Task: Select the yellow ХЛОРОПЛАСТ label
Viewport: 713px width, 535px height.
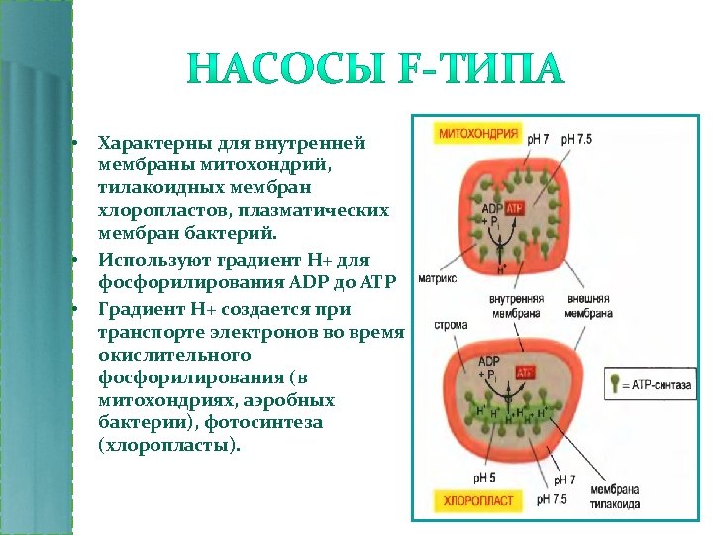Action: point(478,500)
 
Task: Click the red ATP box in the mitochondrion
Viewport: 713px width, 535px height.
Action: point(515,209)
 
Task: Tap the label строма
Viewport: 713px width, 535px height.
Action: point(451,324)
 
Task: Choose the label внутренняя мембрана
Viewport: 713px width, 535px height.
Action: point(515,305)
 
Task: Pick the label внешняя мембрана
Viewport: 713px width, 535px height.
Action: point(590,305)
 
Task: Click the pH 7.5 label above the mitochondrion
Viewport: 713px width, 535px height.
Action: point(576,140)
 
